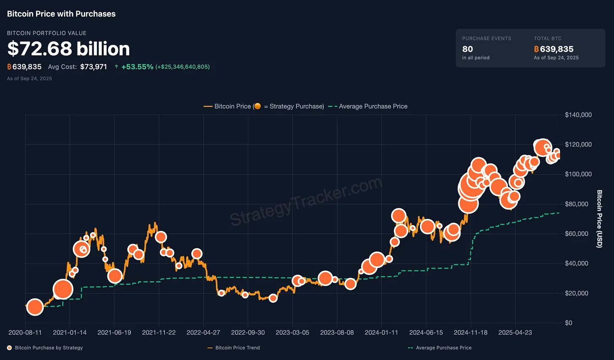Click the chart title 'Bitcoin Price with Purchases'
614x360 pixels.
pyautogui.click(x=61, y=14)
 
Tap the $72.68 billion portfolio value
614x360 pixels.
pyautogui.click(x=69, y=49)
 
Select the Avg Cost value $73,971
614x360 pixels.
pyautogui.click(x=94, y=67)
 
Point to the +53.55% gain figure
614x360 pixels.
pyautogui.click(x=137, y=67)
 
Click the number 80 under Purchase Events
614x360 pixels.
pyautogui.click(x=467, y=49)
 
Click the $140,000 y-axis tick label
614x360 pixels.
pyautogui.click(x=578, y=115)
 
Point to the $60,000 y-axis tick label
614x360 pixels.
pyautogui.click(x=576, y=234)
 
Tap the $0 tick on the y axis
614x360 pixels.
pyautogui.click(x=568, y=323)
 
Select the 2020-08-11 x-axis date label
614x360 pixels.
pyautogui.click(x=25, y=332)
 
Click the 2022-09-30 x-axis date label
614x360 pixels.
pyautogui.click(x=248, y=332)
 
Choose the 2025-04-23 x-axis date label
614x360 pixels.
pyautogui.click(x=515, y=332)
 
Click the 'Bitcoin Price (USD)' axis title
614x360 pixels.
pyautogui.click(x=599, y=219)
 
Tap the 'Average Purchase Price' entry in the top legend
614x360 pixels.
pyautogui.click(x=373, y=106)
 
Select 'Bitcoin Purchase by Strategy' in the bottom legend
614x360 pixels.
pyautogui.click(x=48, y=348)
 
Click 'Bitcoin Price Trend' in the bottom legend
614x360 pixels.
pyautogui.click(x=237, y=348)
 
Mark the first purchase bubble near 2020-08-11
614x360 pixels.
pyautogui.click(x=35, y=307)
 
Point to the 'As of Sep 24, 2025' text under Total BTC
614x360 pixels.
pyautogui.click(x=556, y=58)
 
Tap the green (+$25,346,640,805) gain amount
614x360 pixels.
pyautogui.click(x=183, y=67)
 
